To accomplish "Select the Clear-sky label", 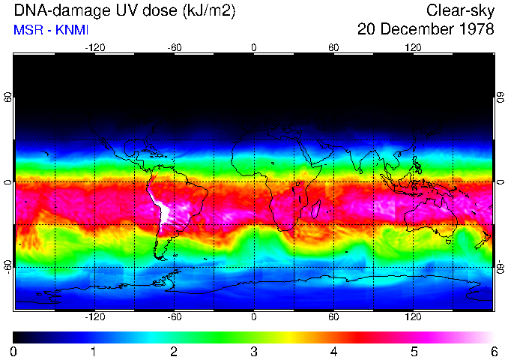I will point(460,10).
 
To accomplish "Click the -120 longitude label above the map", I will point(94,47).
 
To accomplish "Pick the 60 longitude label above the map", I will point(333,47).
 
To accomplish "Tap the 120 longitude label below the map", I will point(413,316).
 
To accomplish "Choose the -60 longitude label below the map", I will point(174,316).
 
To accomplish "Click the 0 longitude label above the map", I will point(254,47).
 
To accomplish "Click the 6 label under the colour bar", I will point(493,351).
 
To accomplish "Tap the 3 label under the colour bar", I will point(253,351).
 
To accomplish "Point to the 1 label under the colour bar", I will point(93,351).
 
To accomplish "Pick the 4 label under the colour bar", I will point(333,351).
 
